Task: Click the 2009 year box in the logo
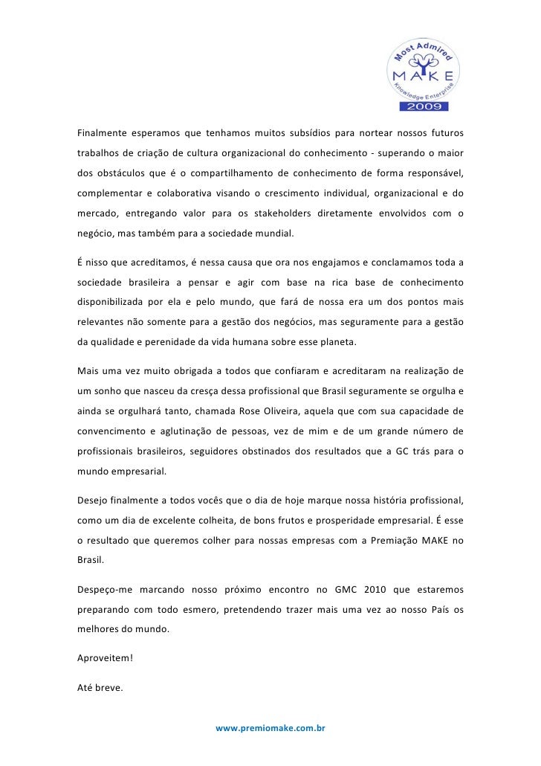(424, 106)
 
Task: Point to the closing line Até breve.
(100, 688)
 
